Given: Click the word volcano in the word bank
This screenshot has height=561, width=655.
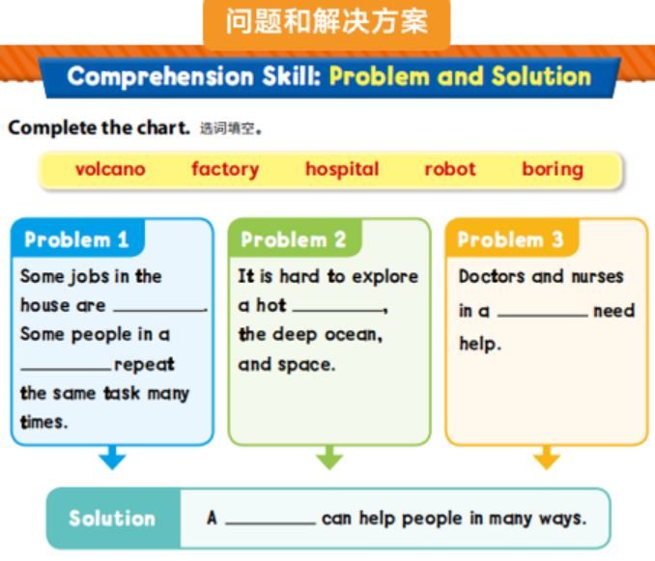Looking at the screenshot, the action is coord(110,169).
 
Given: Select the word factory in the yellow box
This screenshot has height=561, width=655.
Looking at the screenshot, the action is coord(225,170).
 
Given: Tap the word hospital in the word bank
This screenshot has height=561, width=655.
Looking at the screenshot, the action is coord(342,170).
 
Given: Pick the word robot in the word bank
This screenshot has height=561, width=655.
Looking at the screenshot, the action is coord(450,169).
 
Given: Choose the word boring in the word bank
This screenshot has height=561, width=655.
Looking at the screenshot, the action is coord(553,170).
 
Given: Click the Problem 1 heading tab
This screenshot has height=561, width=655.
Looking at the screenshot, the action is coord(77,238).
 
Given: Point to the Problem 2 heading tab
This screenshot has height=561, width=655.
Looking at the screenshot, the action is coord(295,238).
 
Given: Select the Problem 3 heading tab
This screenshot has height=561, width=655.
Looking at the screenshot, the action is coord(512,238).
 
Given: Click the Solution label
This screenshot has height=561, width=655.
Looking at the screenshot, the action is coord(112,518).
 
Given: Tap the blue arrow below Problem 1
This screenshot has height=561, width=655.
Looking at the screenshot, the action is coord(112,458).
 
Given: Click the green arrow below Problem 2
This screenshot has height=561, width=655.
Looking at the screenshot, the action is coord(329,458).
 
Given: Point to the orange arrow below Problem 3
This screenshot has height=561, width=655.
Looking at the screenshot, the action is coord(547,458).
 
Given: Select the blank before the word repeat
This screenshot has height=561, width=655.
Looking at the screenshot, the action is coord(66,369).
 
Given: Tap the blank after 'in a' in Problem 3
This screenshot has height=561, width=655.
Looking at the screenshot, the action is coord(542,315).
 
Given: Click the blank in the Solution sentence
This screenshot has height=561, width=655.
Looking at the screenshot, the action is coord(271,522).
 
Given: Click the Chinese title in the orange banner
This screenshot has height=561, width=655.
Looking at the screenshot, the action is coord(327,21).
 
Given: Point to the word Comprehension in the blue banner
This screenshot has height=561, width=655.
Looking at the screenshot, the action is coord(160,77).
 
